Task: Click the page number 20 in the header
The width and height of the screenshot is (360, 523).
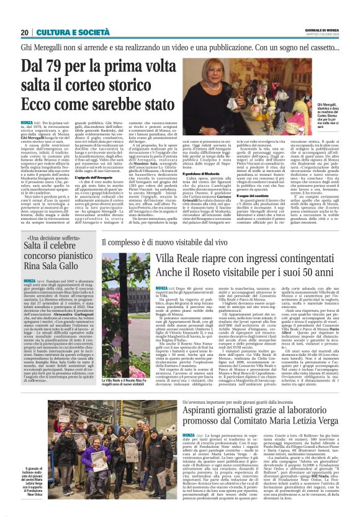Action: (25, 32)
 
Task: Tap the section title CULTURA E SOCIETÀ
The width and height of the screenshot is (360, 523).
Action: (66, 32)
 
